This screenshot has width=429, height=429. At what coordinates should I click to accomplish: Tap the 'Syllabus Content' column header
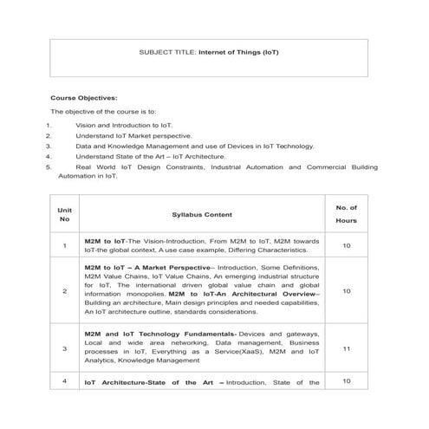pyautogui.click(x=201, y=213)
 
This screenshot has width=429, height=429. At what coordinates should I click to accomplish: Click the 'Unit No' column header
pyautogui.click(x=64, y=213)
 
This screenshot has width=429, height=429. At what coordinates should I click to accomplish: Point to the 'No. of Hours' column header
pyautogui.click(x=346, y=213)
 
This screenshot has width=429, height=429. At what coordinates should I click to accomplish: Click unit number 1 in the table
pyautogui.click(x=64, y=246)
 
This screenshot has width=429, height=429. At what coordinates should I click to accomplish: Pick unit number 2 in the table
pyautogui.click(x=64, y=291)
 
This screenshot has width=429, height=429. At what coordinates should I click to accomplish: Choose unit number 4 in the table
pyautogui.click(x=64, y=381)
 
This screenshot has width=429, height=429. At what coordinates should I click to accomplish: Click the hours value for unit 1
pyautogui.click(x=346, y=246)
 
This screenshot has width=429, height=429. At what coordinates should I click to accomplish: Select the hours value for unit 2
pyautogui.click(x=346, y=291)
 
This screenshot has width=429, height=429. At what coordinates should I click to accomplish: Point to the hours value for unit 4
pyautogui.click(x=346, y=381)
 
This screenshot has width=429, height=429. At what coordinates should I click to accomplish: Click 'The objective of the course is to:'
pyautogui.click(x=103, y=112)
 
